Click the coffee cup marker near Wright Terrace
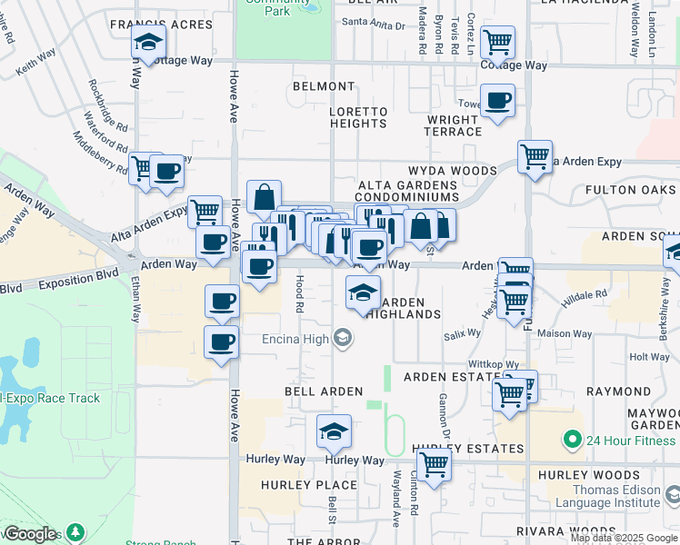coord(497,101)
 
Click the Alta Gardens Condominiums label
coord(406,190)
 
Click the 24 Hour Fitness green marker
coord(572,440)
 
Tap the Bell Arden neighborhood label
coord(324,391)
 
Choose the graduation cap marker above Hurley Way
coord(334,431)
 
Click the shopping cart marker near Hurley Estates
coord(435,465)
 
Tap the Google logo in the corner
coord(29,534)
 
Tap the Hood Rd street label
coord(298,295)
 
